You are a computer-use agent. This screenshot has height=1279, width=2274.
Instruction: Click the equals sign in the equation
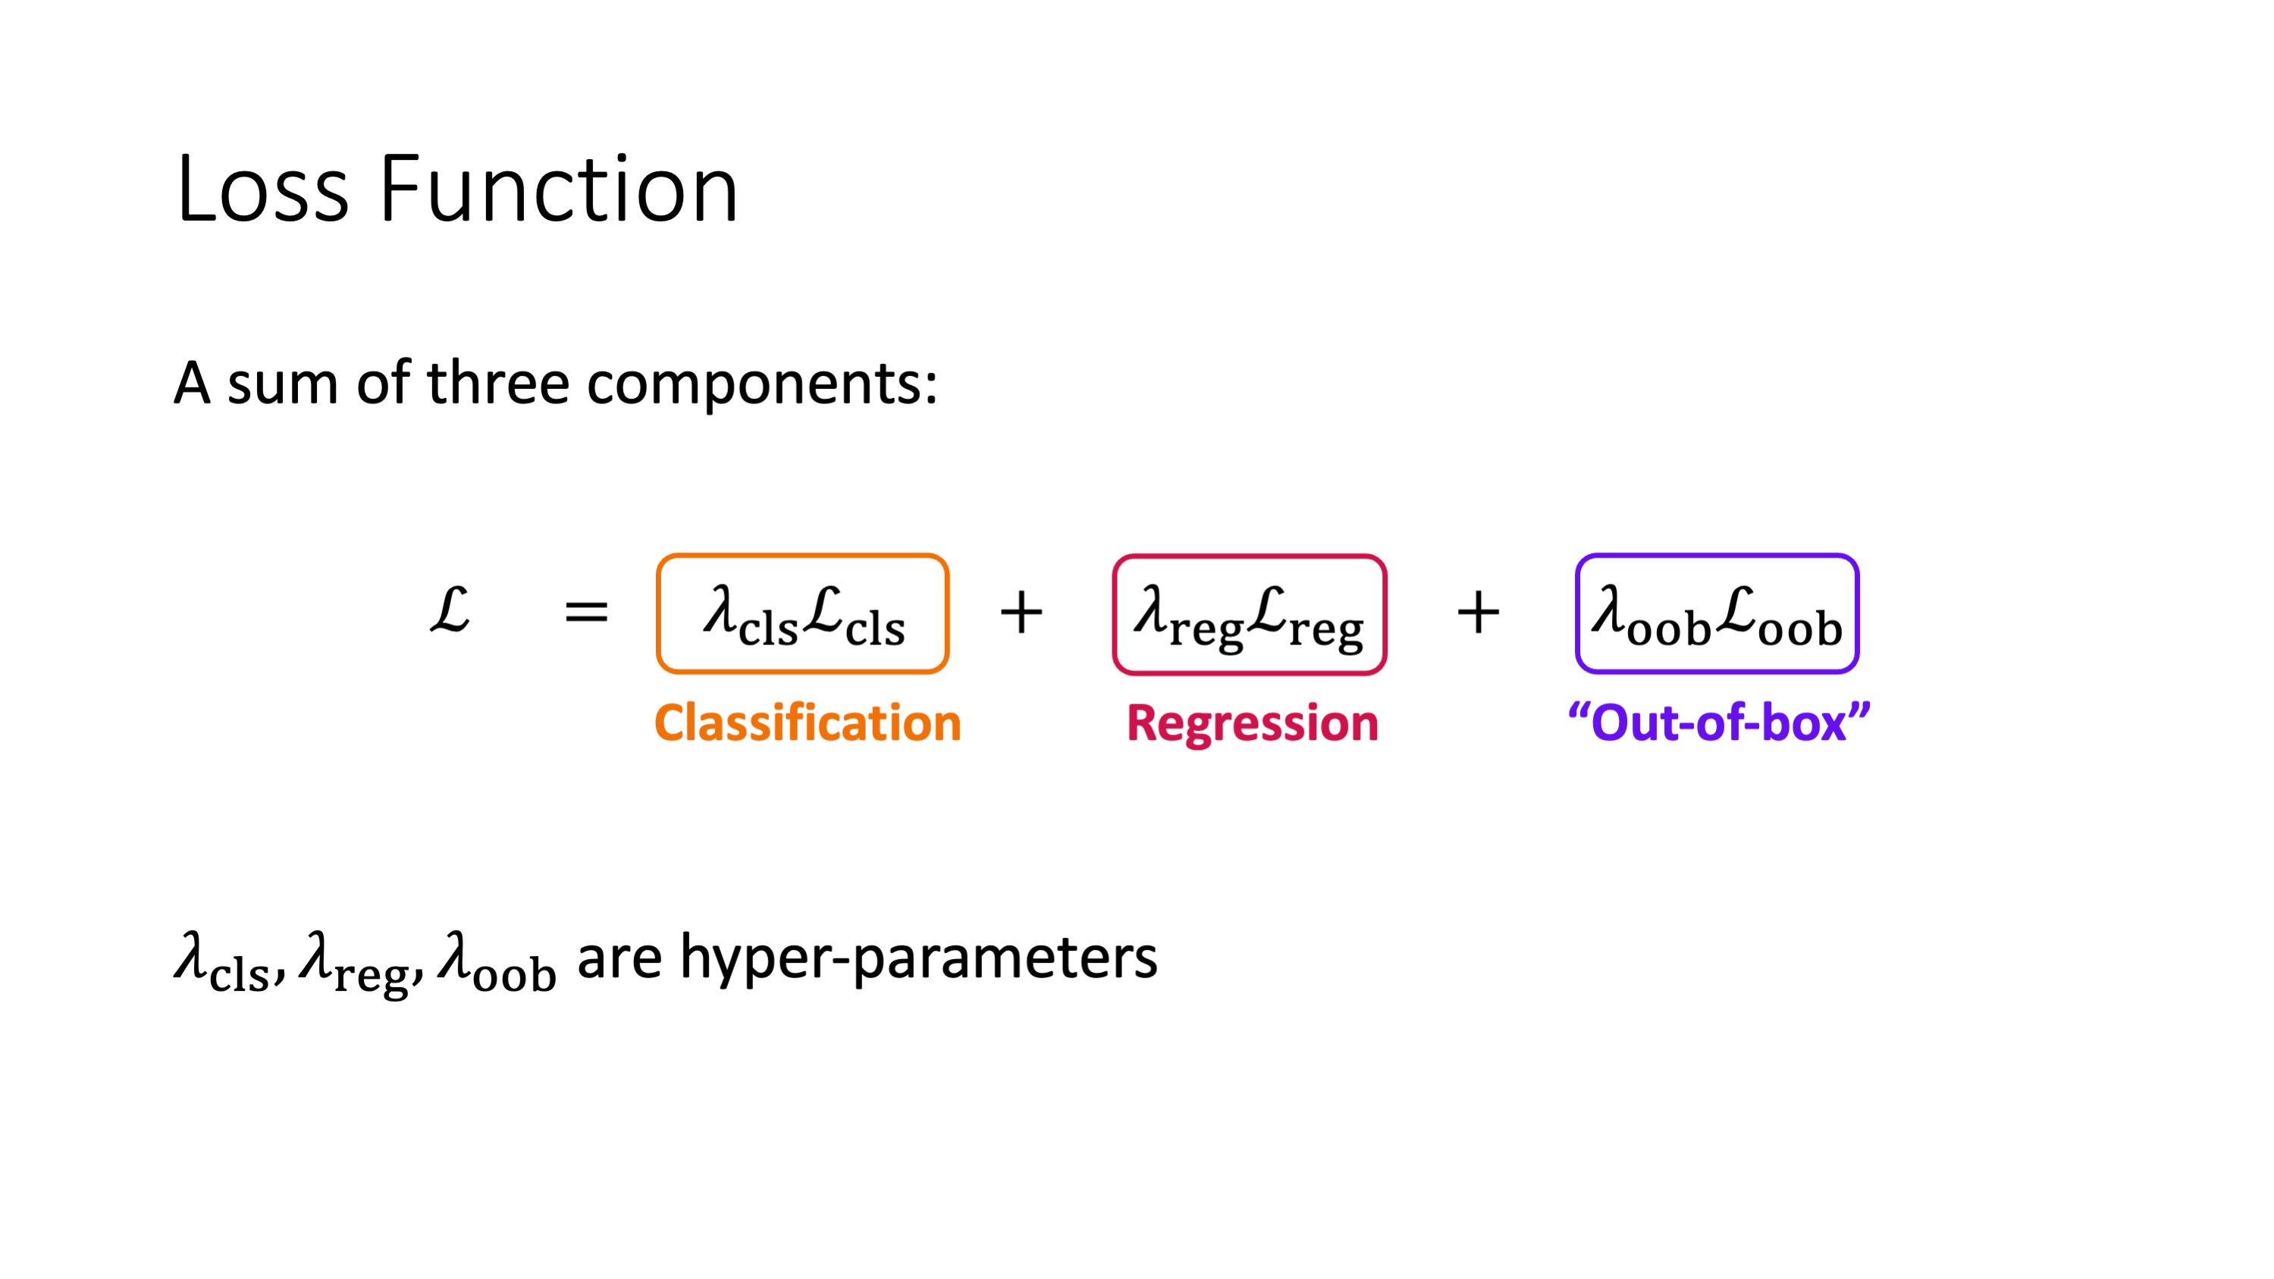(x=586, y=611)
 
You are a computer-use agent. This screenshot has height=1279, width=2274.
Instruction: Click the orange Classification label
(x=808, y=723)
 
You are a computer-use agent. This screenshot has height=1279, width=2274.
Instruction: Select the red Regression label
(x=1253, y=724)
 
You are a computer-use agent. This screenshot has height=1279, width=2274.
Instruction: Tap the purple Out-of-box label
(x=1719, y=722)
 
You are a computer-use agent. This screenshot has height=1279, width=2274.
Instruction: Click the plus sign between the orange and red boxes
(x=1021, y=612)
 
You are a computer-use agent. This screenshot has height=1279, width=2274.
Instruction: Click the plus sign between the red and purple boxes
(x=1478, y=612)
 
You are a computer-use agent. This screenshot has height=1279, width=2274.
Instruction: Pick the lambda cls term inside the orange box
(x=751, y=615)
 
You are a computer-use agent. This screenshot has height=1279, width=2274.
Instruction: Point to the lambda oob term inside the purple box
(x=1651, y=615)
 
